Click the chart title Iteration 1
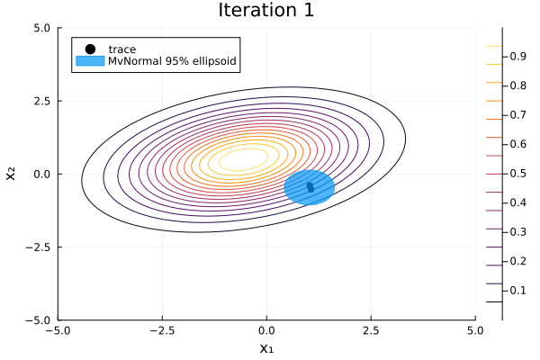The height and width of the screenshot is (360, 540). pyautogui.click(x=266, y=11)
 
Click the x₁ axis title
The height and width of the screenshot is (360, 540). pyautogui.click(x=266, y=347)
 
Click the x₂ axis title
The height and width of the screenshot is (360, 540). pyautogui.click(x=12, y=173)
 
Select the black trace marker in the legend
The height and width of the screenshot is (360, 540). pyautogui.click(x=90, y=49)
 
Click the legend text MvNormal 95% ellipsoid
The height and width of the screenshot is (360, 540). pyautogui.click(x=172, y=61)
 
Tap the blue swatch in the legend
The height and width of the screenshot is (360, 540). pyautogui.click(x=90, y=61)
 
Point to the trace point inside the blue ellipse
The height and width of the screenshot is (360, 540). pyautogui.click(x=310, y=187)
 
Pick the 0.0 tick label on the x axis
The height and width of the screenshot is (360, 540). pyautogui.click(x=266, y=330)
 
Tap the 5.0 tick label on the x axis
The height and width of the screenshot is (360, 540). pyautogui.click(x=475, y=330)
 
